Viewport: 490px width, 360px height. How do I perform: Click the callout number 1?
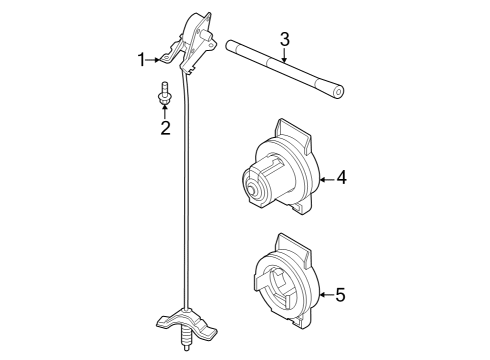point(141,60)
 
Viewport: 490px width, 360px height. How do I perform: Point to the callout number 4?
point(341,177)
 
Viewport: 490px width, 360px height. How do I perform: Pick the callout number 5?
point(340,295)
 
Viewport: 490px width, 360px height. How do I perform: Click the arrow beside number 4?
point(326,177)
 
